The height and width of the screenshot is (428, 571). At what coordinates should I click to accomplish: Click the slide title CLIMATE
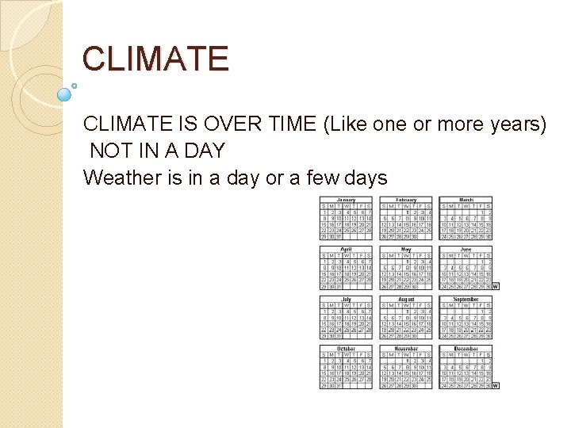coord(155,59)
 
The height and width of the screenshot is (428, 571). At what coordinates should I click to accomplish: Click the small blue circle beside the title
coord(64,94)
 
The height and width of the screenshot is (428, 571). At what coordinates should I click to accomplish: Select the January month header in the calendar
coord(347,200)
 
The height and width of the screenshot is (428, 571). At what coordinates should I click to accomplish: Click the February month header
coord(406,200)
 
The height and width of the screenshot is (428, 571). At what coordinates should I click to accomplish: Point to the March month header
coord(466,200)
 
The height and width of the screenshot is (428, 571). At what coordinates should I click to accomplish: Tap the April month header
coord(347,249)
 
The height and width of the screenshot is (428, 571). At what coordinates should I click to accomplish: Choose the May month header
coord(406,249)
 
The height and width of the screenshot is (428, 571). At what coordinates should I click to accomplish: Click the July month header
coord(347,299)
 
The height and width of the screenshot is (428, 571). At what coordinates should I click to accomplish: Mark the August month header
coord(406,299)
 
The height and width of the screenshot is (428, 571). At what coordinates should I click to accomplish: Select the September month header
coord(466,299)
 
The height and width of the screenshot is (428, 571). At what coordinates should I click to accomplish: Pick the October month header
coord(347,348)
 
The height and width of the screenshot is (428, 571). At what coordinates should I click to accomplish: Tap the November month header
coord(406,348)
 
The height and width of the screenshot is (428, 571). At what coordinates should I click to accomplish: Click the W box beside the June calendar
coord(496,286)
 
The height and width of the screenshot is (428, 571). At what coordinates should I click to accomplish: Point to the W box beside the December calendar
coord(496,386)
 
